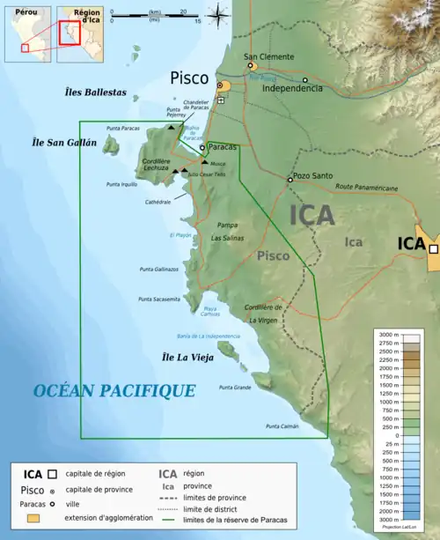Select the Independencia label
[x=292, y=89]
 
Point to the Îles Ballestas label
[x=96, y=92]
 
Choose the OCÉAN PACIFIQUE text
[x=101, y=390]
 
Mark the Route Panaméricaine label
[x=366, y=188]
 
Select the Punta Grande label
[x=235, y=388]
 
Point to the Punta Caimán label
[x=282, y=426]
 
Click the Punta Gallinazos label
[x=158, y=270]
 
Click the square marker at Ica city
[x=433, y=250]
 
